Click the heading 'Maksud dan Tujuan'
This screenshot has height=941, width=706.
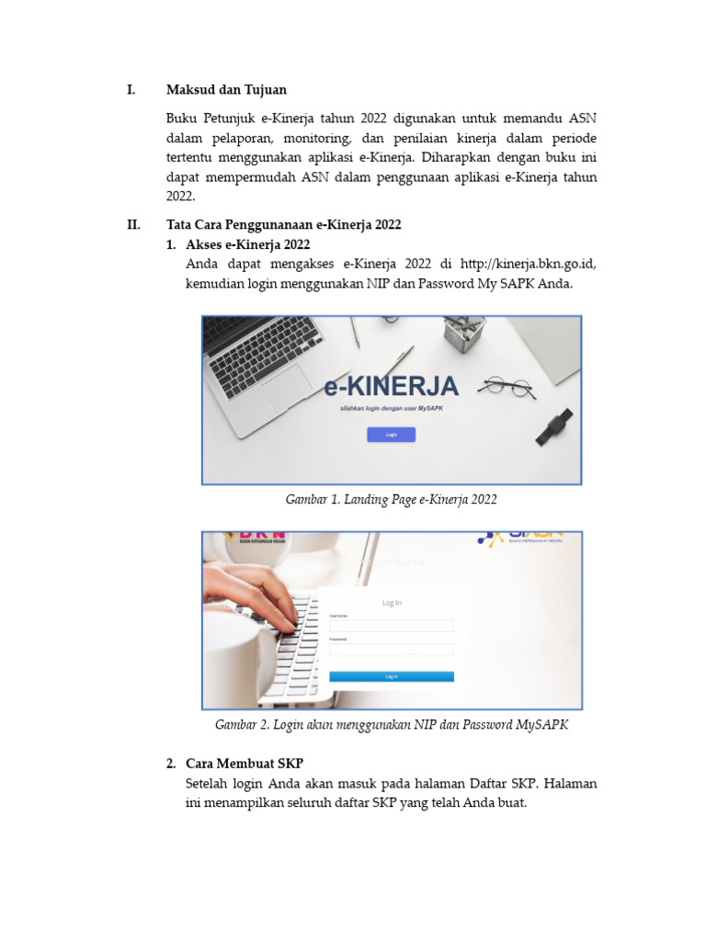(x=226, y=90)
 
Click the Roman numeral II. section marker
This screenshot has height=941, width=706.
(x=133, y=225)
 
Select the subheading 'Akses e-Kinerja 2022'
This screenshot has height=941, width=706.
(x=247, y=244)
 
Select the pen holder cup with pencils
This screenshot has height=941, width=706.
(x=464, y=334)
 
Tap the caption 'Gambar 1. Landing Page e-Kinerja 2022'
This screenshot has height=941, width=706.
(x=392, y=500)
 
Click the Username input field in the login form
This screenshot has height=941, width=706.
(x=392, y=626)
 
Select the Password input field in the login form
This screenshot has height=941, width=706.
(x=392, y=649)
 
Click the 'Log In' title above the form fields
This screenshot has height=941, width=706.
(x=392, y=603)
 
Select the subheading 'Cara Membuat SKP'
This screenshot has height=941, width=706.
(x=244, y=765)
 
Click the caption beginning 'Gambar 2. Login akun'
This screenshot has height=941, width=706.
(x=392, y=725)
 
